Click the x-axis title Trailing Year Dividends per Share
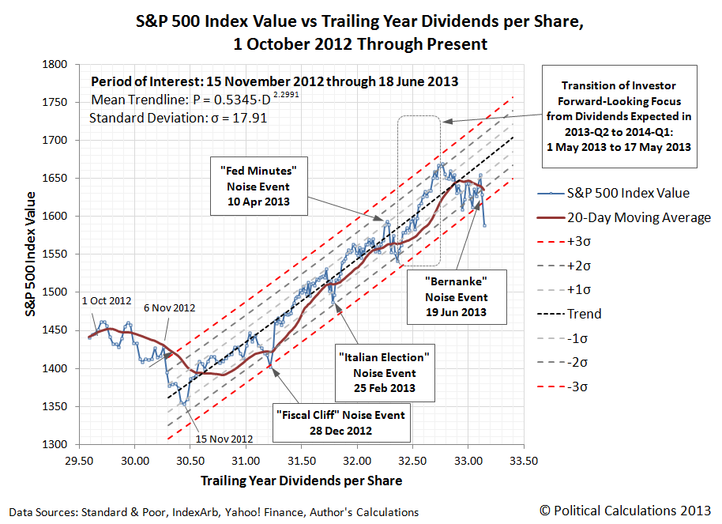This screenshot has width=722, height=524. click(301, 481)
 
